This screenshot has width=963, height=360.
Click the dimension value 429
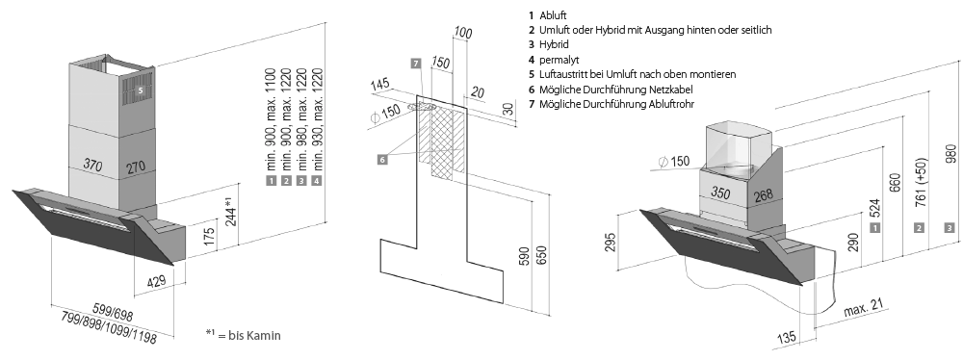click(157, 281)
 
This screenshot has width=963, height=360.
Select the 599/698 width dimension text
click(113, 312)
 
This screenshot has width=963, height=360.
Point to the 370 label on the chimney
click(92, 166)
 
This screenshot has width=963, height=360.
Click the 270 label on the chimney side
click(137, 167)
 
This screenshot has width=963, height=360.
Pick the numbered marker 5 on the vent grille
click(140, 90)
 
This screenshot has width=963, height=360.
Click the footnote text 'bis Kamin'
click(254, 335)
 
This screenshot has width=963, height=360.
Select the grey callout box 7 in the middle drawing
click(416, 64)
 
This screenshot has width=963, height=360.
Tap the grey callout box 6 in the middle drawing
click(382, 160)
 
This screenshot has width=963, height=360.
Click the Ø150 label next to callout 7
click(386, 115)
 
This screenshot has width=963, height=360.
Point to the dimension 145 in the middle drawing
click(380, 86)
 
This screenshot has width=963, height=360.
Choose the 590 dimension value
click(525, 256)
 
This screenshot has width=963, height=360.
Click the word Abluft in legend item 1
click(553, 15)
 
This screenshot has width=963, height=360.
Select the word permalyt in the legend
click(559, 60)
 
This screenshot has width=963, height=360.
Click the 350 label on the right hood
click(720, 193)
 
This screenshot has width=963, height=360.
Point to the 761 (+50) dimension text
click(922, 183)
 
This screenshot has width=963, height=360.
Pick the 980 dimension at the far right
click(950, 154)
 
